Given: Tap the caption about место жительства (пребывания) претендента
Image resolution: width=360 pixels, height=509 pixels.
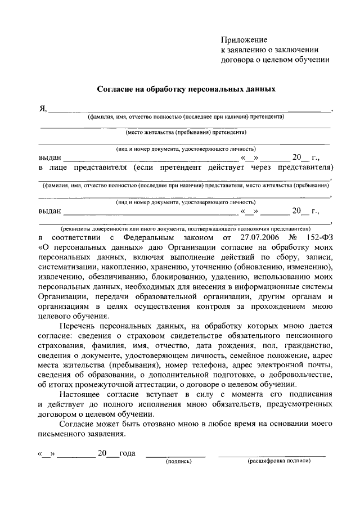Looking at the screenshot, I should (186, 133).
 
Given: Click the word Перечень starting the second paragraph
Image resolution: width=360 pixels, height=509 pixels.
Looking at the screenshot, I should (80, 326).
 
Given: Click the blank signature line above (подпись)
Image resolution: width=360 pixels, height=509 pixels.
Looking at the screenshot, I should (175, 454).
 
